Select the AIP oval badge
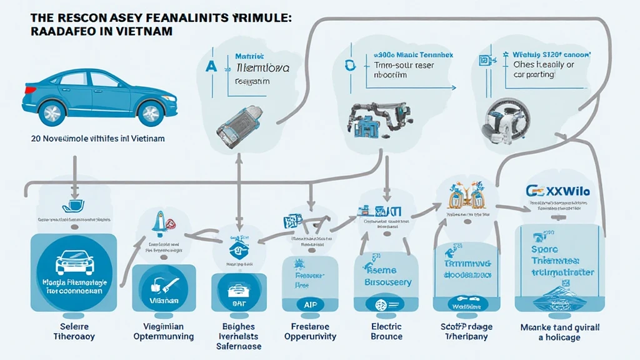310,305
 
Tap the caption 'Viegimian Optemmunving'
164,331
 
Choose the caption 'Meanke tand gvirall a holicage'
560,332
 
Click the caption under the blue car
89,138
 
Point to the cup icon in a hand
72,207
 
